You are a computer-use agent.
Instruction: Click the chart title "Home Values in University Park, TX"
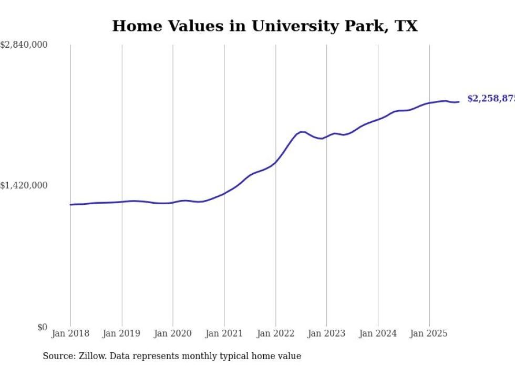(x=265, y=26)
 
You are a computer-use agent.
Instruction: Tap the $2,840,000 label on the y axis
(x=24, y=45)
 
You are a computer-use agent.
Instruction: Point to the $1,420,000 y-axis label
(x=24, y=185)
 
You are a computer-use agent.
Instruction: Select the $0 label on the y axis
(x=42, y=327)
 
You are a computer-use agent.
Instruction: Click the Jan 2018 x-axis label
(x=70, y=333)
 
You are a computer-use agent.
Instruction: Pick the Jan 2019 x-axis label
(x=122, y=333)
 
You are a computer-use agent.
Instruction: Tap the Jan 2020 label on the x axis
(x=173, y=333)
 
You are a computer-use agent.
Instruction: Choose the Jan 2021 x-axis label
(x=224, y=333)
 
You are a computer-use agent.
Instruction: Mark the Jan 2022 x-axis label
(x=275, y=333)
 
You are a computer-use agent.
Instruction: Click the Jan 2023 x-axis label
(x=326, y=333)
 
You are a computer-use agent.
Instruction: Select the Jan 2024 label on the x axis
(x=378, y=333)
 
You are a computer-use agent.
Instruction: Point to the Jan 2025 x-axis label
(x=429, y=333)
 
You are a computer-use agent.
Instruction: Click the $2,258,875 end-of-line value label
(x=491, y=99)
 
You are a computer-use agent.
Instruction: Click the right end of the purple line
(x=459, y=102)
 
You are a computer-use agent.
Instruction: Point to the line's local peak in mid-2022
(x=302, y=131)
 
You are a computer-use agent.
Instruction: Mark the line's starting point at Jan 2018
(x=70, y=204)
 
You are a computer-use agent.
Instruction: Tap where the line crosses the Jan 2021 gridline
(x=224, y=193)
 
